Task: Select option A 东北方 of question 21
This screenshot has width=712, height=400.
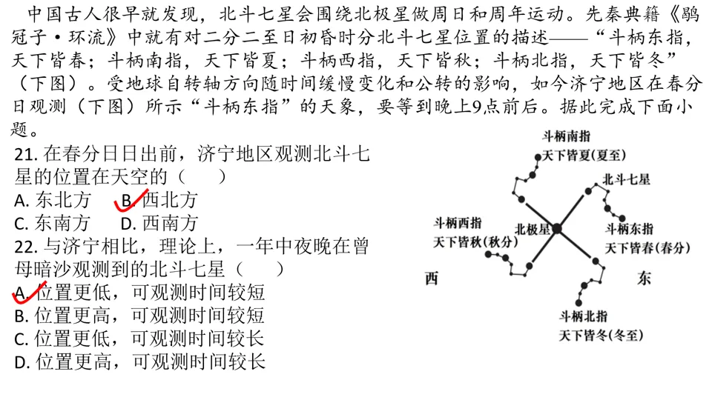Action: [x=53, y=200]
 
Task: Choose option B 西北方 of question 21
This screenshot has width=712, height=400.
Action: [x=159, y=200]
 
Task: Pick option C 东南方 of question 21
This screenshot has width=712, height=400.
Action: [x=53, y=223]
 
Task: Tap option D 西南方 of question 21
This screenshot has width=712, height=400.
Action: [x=159, y=223]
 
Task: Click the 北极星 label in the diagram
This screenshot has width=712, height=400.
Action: [x=532, y=229]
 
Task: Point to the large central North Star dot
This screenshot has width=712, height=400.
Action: [x=557, y=229]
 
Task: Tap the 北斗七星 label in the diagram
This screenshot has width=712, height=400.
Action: [x=626, y=179]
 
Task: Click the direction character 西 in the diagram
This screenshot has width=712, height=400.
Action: [x=432, y=279]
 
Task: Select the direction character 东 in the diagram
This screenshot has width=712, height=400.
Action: [x=643, y=279]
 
